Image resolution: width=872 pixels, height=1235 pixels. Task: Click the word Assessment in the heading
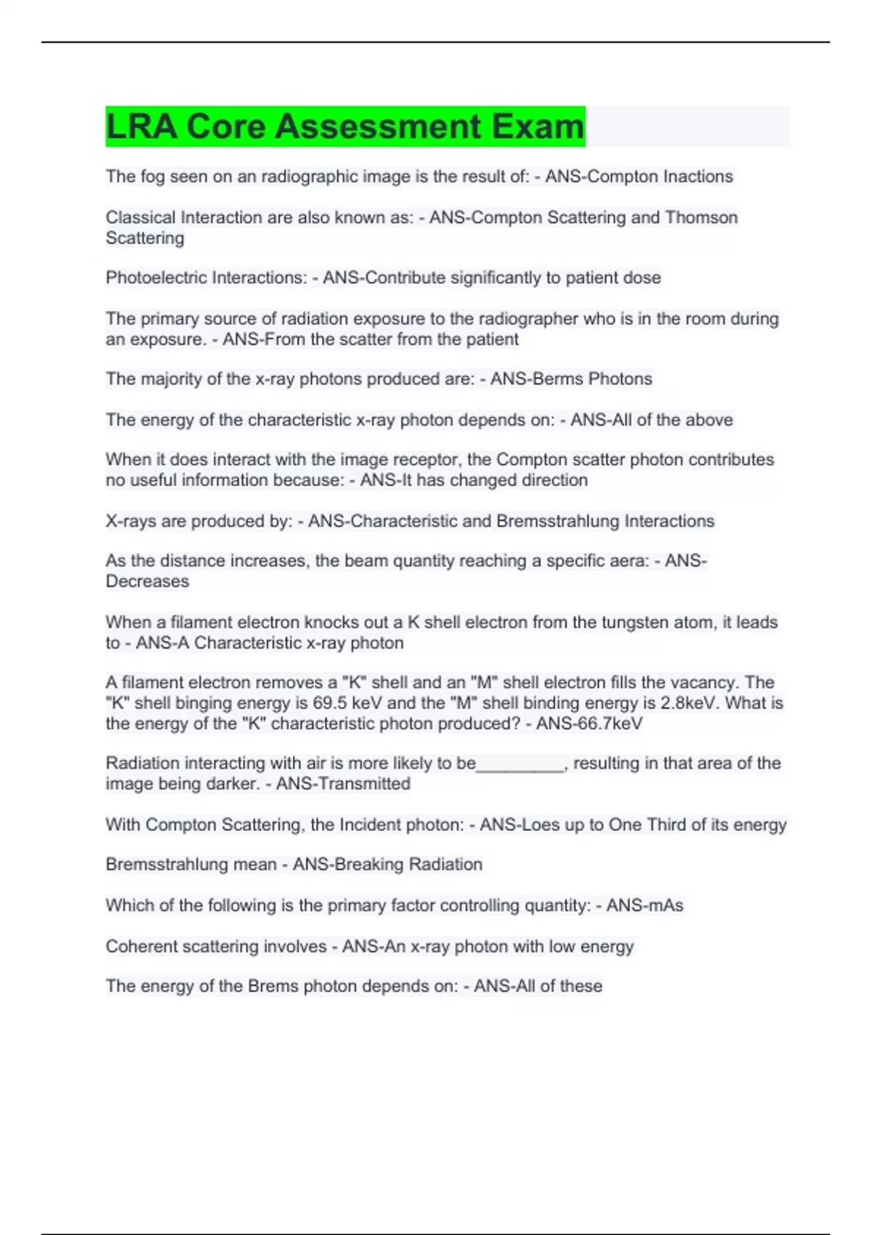tap(378, 126)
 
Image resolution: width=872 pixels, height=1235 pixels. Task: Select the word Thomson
tap(701, 217)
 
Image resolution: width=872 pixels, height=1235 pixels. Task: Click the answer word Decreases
tap(148, 581)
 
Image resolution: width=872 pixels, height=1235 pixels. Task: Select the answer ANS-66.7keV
tap(589, 724)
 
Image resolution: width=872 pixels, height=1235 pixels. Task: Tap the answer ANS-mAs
tap(645, 905)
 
